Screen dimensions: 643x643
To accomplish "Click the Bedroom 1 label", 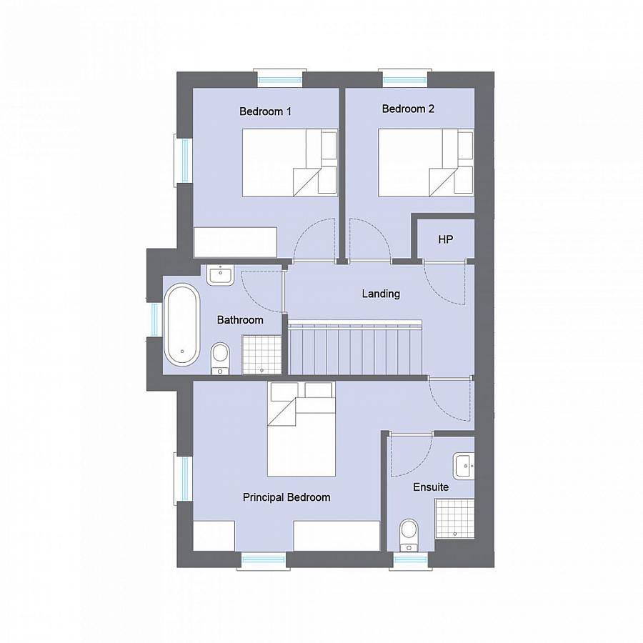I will pos(265,111).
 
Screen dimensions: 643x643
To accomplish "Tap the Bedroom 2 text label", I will pos(408,109).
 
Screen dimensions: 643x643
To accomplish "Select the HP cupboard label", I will pos(445,239).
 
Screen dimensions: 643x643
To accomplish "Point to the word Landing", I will pos(381,294).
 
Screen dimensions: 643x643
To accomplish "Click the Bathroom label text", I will pos(240,320).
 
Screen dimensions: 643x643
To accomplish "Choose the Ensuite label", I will pos(431,487).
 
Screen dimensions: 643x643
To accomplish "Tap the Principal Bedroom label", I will pos(286,497).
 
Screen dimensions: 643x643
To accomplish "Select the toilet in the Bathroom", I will pos(220,357).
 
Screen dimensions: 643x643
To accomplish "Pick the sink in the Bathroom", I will pos(220,274).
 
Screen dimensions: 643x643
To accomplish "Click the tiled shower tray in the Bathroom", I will pos(262,354).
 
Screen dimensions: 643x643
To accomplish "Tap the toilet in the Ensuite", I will pos(409,534).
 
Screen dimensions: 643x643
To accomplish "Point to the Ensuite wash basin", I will pos(464,467).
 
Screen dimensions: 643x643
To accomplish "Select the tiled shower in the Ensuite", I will pos(454,518).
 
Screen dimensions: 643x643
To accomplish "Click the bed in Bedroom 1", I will pos(289,162).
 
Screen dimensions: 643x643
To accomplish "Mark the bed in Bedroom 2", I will pos(425,162).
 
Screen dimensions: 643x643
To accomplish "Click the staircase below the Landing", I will pos(357,348).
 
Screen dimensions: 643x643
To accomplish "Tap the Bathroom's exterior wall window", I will pos(154,319).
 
